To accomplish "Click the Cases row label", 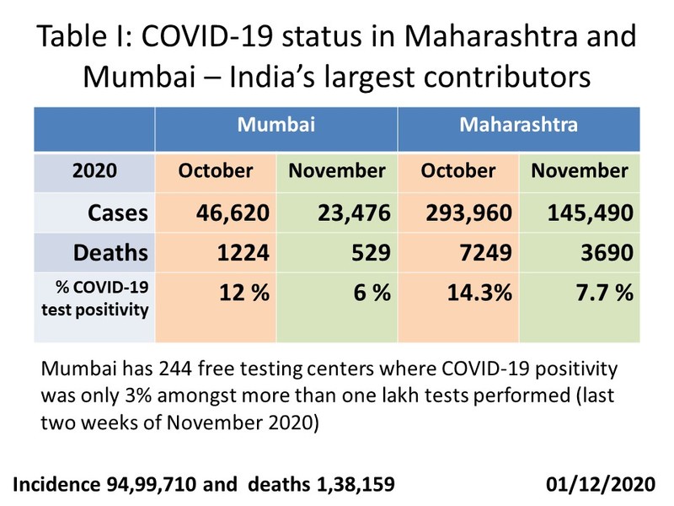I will tap(118, 213).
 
